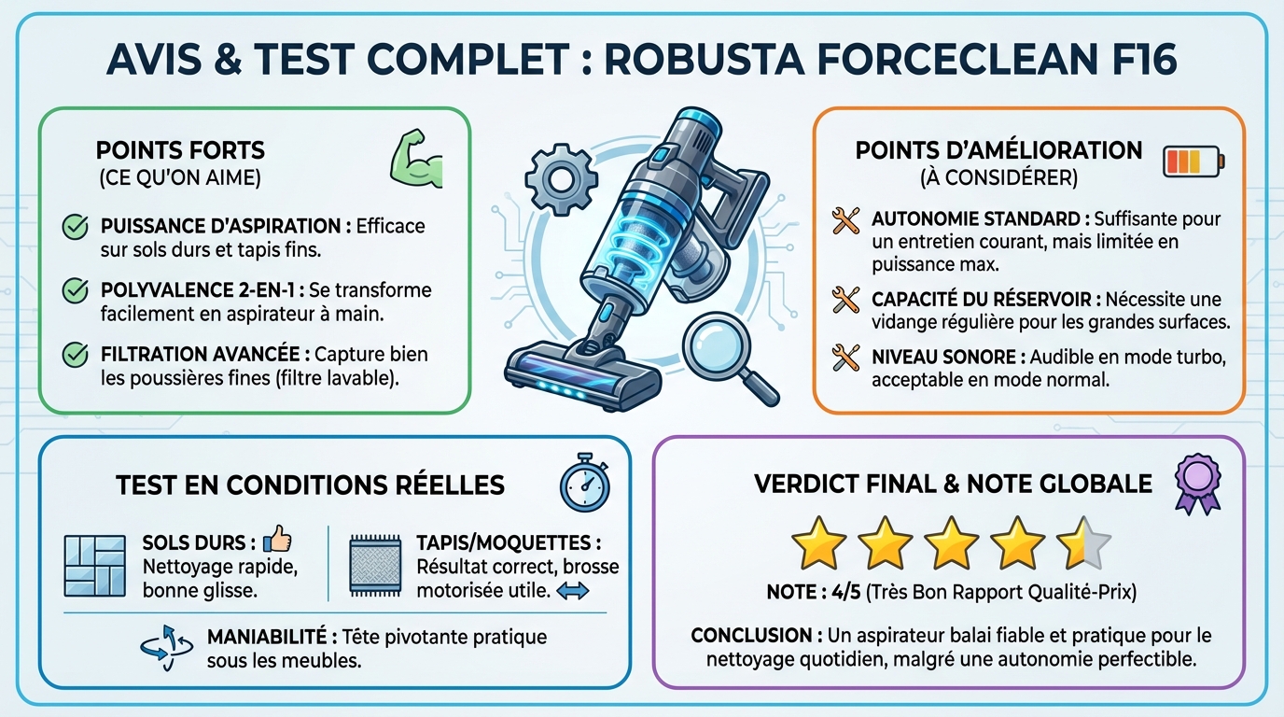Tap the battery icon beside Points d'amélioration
(1193, 161)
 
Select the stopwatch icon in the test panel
(584, 483)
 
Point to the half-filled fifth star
(1082, 542)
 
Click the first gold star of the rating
(818, 542)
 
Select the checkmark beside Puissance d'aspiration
(74, 226)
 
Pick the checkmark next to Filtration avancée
(74, 356)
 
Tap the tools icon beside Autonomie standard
(845, 221)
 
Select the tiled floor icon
(94, 566)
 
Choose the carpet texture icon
(375, 566)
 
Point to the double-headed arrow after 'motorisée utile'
(572, 590)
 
